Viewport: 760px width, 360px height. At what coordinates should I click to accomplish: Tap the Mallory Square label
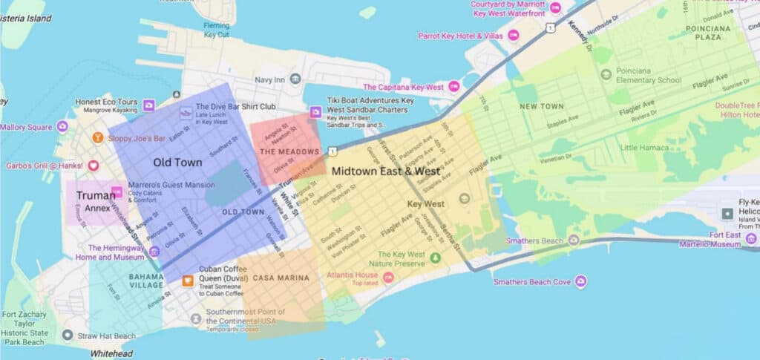tap(27, 127)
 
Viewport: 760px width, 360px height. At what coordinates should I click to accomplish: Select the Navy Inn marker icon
tap(295, 79)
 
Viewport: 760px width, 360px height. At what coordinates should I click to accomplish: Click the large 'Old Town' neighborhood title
tap(177, 162)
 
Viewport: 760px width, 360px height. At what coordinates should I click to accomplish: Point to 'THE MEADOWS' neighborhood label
tap(289, 152)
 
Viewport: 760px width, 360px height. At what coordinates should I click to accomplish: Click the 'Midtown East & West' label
tap(386, 171)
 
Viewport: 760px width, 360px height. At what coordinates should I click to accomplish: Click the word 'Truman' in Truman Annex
tap(96, 196)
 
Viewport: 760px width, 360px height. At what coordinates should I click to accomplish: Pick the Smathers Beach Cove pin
tap(580, 281)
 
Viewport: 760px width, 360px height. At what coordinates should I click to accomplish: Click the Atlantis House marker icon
tap(387, 277)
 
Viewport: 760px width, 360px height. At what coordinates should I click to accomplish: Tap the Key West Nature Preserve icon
tap(436, 258)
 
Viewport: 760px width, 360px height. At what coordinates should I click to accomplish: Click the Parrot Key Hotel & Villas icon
tap(513, 35)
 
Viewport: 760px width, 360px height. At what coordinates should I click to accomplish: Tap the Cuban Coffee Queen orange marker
tap(188, 280)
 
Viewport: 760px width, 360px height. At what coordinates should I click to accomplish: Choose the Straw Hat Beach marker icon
tap(68, 336)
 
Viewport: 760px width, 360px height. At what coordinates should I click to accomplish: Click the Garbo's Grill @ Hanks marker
tap(93, 166)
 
